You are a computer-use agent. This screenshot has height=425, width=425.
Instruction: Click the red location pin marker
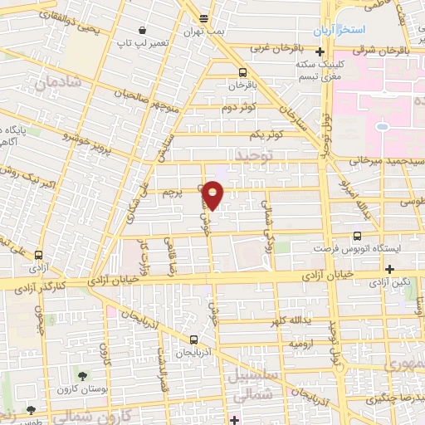pos(213,194)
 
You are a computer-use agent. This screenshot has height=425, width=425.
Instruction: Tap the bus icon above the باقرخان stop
pos(242,72)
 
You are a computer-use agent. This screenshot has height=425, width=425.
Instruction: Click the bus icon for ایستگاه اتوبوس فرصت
pos(358,236)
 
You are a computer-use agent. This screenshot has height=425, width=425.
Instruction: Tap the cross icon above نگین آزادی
pos(389,269)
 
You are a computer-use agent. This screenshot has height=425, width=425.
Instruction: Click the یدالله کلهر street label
pos(291,320)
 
